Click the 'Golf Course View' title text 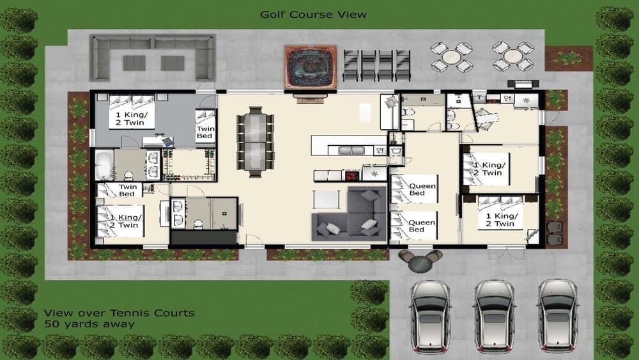click(x=313, y=14)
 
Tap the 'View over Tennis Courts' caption click(x=119, y=313)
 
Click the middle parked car click(x=495, y=315)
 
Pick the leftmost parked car click(x=430, y=315)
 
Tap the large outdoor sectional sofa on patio click(x=153, y=57)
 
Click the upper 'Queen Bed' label click(x=422, y=190)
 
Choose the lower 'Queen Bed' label click(x=422, y=226)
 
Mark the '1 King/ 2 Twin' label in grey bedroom click(x=130, y=118)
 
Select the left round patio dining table click(x=452, y=56)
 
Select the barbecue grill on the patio click(x=523, y=83)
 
